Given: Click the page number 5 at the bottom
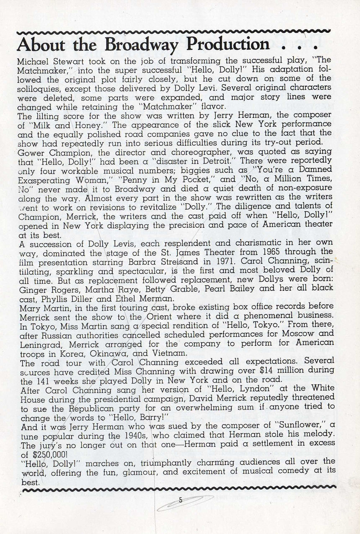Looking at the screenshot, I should (180, 499).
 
